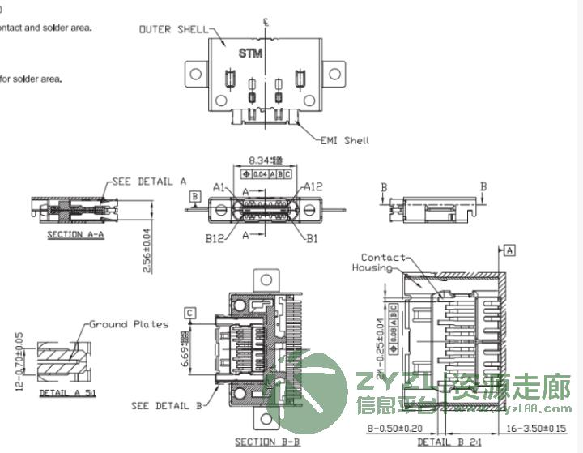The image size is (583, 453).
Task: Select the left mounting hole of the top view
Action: point(194,74)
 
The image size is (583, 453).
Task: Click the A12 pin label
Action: point(314,187)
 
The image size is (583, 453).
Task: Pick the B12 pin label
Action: point(215,238)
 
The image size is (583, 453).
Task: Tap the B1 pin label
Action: point(313,238)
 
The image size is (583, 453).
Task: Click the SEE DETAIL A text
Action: point(149,182)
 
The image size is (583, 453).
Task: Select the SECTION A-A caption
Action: point(76,234)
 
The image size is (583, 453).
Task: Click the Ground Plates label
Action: point(128,324)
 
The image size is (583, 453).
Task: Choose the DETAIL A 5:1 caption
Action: point(68,392)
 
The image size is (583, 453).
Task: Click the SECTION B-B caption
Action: point(267,442)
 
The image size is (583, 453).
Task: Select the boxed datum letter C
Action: point(189,312)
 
